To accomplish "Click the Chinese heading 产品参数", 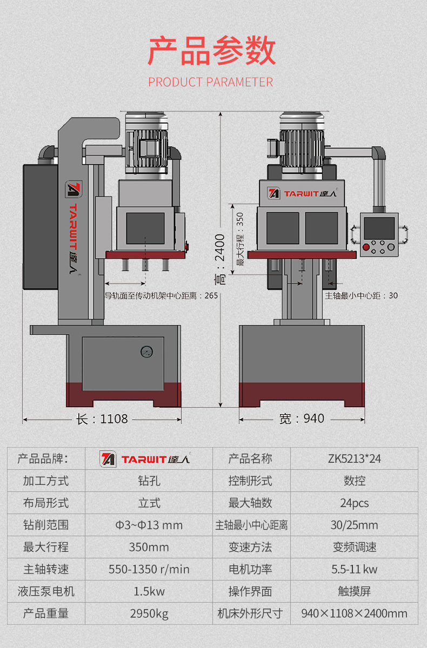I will coord(212,52).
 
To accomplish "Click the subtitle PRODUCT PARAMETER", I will coord(211,82).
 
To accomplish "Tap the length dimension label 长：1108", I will coord(102,419).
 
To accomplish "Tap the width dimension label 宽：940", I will coord(302,419).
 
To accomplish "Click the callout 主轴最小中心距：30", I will coord(361,295).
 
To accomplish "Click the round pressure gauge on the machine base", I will coord(146,352).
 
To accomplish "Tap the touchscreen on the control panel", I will coord(379,228).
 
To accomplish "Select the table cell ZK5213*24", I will coord(354,459).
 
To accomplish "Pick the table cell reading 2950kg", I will coord(149,613).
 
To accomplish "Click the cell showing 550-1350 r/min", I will coord(149,569).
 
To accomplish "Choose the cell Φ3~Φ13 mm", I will coord(149,525).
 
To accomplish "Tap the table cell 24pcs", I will coord(354,503).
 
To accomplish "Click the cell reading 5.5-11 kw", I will coord(354,569).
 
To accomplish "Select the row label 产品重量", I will coord(46,613).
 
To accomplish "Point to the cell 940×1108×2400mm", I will coord(354,613).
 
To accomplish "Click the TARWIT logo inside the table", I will coord(145,459).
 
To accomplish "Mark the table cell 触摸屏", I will coord(354,591).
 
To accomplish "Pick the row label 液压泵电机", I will coord(46,591).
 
